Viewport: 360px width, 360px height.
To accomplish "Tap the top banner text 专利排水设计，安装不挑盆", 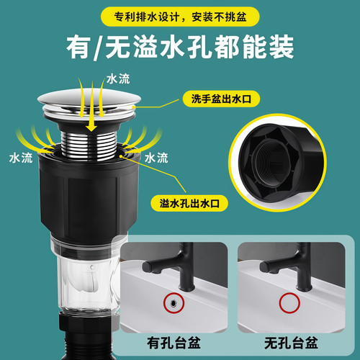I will [180, 14].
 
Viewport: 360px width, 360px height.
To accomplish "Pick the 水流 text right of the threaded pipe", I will [157, 156].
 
